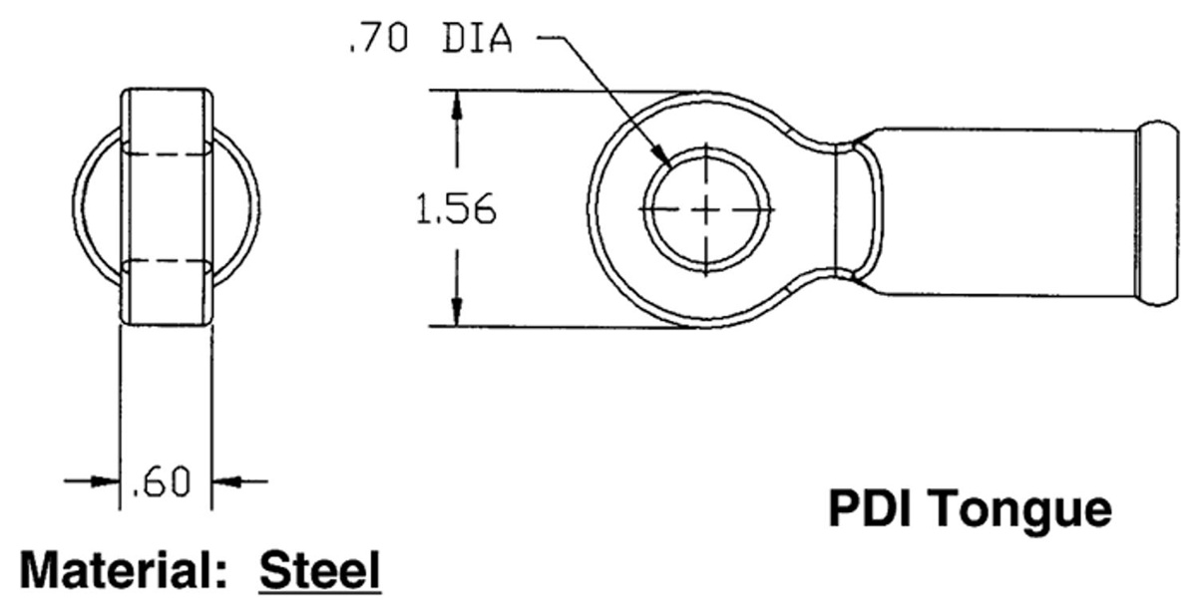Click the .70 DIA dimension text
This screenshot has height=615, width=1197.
tap(430, 39)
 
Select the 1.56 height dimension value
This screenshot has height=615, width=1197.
tap(456, 208)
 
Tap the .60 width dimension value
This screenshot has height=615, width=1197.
tap(161, 482)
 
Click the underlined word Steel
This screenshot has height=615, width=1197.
tap(319, 570)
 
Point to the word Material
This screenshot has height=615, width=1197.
tap(119, 570)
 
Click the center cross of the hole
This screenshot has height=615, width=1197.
tap(706, 209)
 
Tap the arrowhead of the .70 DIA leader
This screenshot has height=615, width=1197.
tap(662, 156)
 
